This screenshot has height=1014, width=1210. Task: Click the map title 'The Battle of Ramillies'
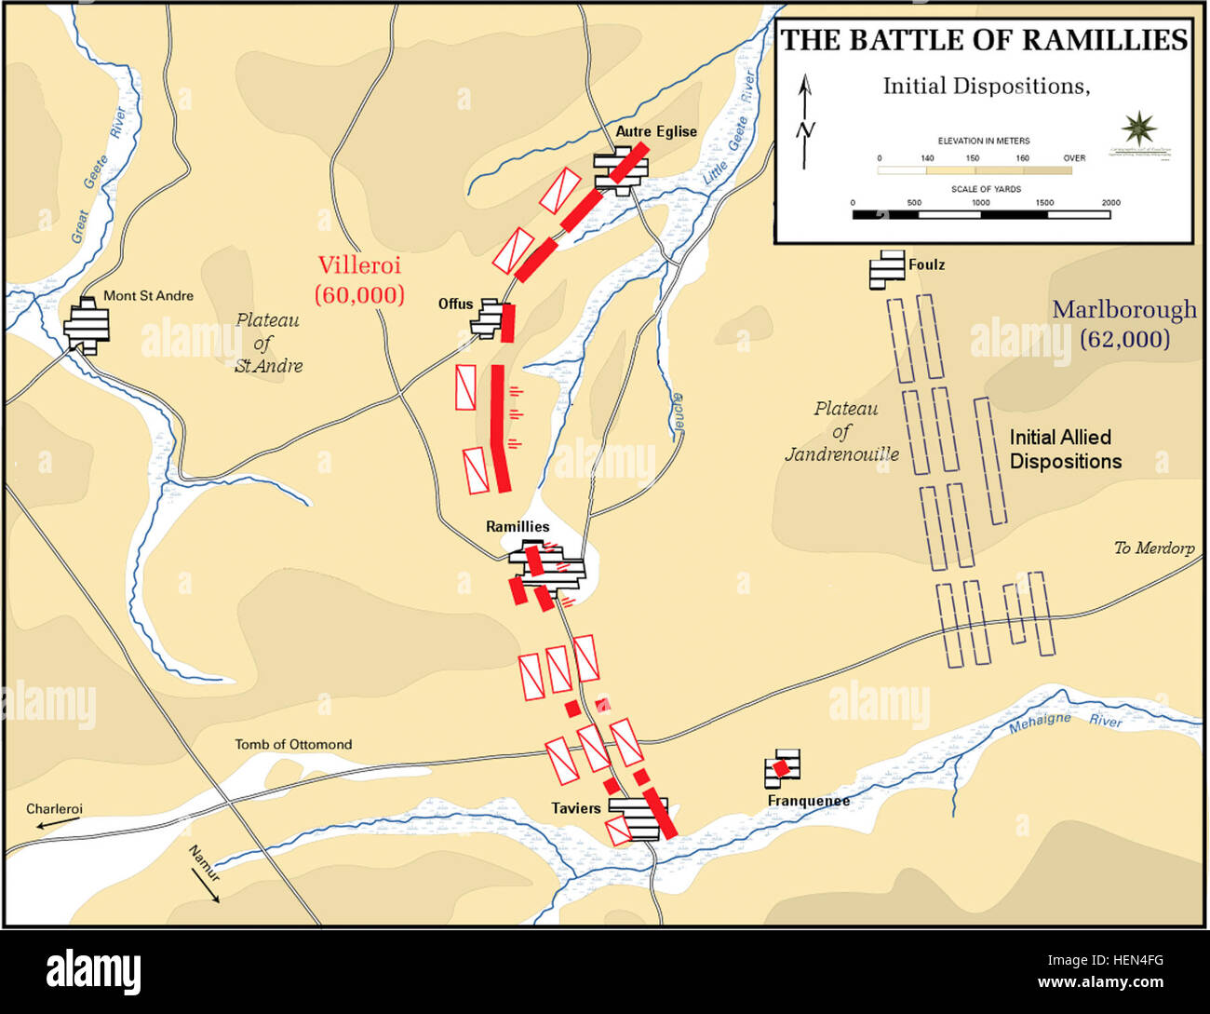coord(984,40)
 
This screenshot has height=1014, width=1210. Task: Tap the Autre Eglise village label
coord(656,131)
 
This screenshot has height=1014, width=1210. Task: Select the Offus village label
coord(455,304)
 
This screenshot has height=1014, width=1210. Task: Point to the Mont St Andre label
coord(148,295)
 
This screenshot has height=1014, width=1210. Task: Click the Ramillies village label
coord(518,526)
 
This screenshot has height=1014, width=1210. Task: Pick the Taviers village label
coord(575,808)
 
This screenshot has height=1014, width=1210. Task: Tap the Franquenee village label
coord(808,801)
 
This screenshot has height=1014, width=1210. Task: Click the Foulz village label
coord(926,264)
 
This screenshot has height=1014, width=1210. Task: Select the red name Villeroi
coord(359,265)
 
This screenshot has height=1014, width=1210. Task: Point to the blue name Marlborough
coord(1124,309)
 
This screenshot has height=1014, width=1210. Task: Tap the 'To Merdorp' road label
coord(1154,548)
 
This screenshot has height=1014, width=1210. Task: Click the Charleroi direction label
coord(54,808)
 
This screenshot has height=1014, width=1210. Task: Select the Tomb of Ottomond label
coord(293,744)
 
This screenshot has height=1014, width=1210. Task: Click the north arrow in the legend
coord(806,121)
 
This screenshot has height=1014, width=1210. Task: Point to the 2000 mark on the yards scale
coord(1110,203)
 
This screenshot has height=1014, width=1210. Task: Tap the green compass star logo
coord(1138,129)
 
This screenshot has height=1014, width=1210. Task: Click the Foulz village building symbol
coord(886,269)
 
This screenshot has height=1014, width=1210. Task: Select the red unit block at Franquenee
coord(782,767)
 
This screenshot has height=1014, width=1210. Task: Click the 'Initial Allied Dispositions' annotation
coord(1065,449)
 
